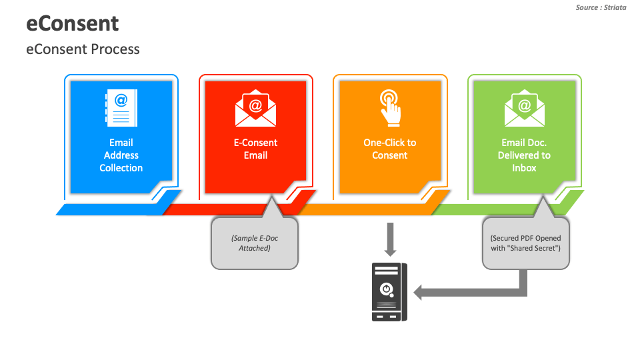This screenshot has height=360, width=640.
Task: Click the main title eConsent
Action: [x=73, y=23]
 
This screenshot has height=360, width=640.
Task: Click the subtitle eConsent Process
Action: [x=83, y=49]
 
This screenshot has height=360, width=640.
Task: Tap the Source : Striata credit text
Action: [x=601, y=7]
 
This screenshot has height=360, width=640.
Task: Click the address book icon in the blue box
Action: [x=121, y=108]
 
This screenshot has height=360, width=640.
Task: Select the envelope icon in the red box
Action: [x=255, y=109]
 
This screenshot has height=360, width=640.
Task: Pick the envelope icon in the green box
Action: [x=524, y=109]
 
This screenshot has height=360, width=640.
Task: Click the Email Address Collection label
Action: [x=121, y=155]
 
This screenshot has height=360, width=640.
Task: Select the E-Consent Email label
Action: [x=255, y=149]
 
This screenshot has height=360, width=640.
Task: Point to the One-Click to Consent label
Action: [x=389, y=149]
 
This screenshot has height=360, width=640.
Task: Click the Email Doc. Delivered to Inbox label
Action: [x=524, y=155]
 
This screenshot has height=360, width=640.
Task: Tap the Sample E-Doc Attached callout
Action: [x=255, y=243]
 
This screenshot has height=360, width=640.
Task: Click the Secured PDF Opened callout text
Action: [x=525, y=243]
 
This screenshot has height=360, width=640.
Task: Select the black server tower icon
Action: [x=389, y=292]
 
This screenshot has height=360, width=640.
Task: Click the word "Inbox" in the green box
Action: [x=524, y=168]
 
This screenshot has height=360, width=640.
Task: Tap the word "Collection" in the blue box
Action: [x=121, y=168]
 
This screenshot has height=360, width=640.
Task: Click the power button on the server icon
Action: [x=385, y=289]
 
